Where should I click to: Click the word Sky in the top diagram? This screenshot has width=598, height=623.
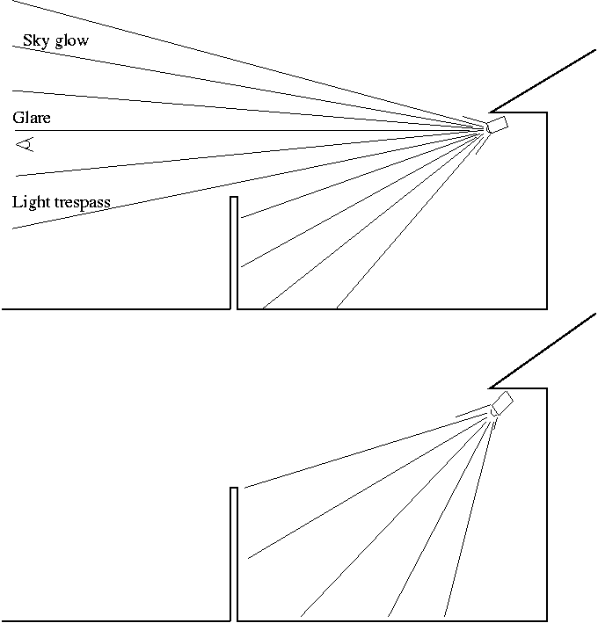(x=35, y=40)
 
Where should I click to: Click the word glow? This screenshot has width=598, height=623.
(x=70, y=41)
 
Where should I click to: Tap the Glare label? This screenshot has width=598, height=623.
(x=31, y=117)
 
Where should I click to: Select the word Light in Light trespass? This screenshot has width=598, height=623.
(x=31, y=202)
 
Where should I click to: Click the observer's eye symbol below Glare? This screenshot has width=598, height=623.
(x=26, y=144)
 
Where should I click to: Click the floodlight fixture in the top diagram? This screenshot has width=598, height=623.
(x=498, y=125)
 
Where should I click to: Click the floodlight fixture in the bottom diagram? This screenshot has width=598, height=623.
(x=502, y=402)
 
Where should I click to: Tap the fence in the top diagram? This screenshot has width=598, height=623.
(x=234, y=255)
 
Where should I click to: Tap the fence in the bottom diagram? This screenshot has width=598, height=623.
(x=234, y=554)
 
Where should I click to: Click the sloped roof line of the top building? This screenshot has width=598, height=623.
(x=543, y=82)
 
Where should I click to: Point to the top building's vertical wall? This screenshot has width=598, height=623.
(x=547, y=211)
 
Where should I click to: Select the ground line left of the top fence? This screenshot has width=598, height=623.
(x=114, y=309)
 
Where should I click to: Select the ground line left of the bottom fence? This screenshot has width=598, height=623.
(x=114, y=621)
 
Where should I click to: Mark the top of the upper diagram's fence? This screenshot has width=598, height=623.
(x=234, y=197)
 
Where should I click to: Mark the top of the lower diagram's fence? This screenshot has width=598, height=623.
(x=234, y=488)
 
